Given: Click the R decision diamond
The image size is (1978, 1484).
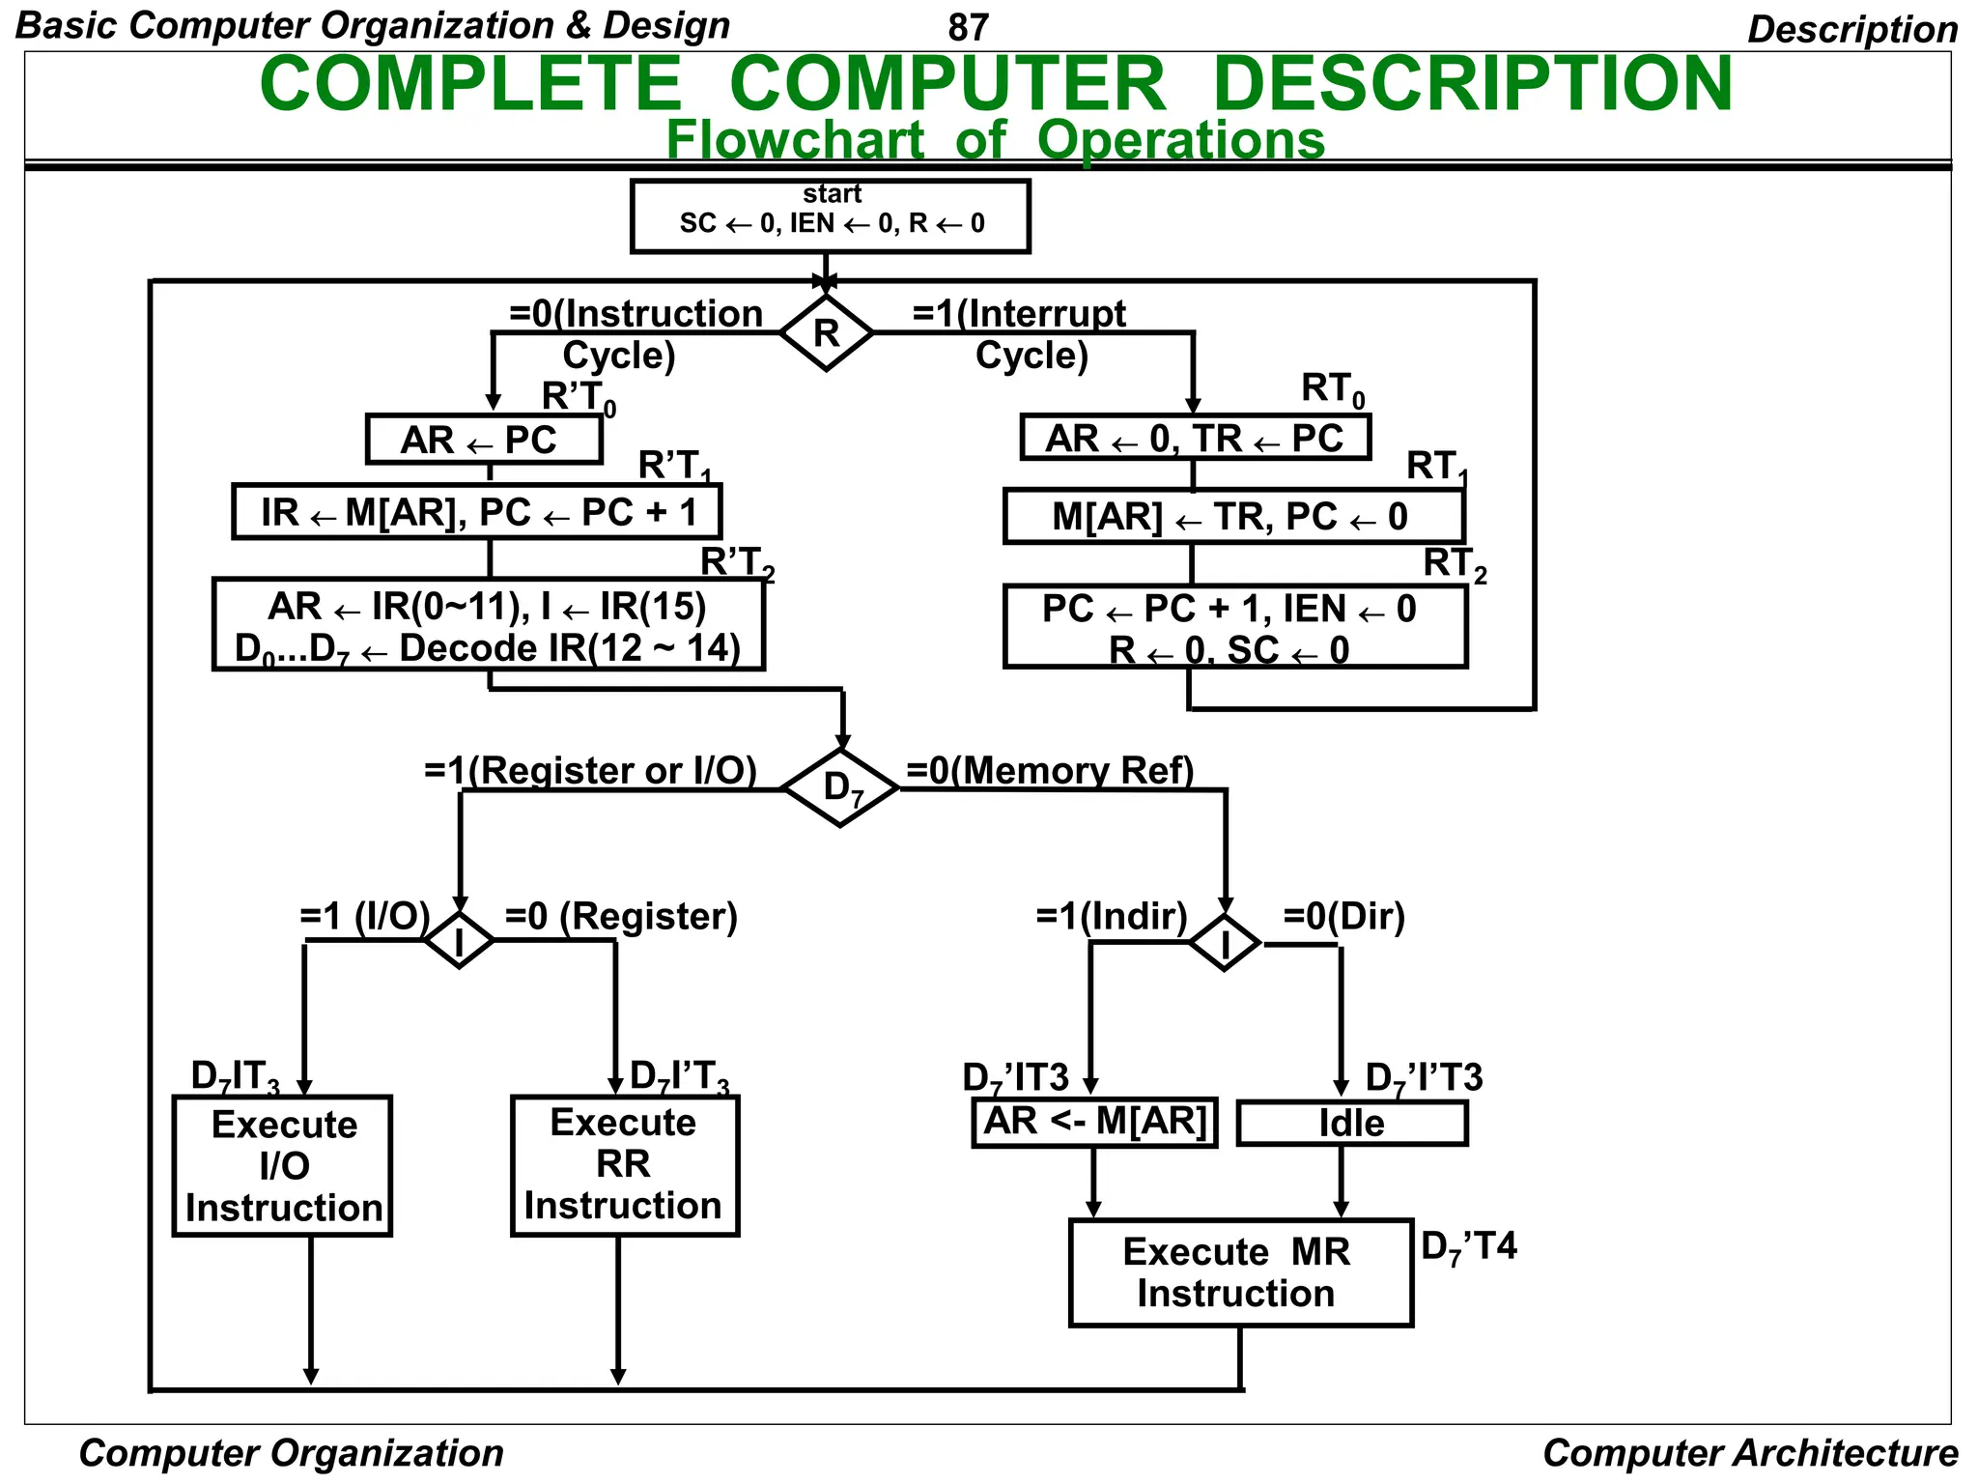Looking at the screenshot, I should [827, 333].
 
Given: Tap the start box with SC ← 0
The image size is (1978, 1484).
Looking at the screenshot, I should [831, 216].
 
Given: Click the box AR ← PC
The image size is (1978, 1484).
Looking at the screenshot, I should [484, 440].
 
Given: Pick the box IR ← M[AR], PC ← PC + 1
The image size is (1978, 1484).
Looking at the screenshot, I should [477, 512].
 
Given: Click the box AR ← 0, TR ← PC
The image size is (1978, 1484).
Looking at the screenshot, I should [1195, 438].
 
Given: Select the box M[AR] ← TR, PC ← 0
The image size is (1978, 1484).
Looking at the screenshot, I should [1233, 517].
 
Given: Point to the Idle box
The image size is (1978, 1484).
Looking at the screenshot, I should [1351, 1124].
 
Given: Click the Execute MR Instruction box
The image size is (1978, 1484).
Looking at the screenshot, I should [1240, 1272].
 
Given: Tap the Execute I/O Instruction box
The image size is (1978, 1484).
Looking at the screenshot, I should [282, 1166].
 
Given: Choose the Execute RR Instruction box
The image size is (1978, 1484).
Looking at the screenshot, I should [624, 1165].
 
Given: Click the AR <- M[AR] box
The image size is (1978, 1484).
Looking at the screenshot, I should [1094, 1122].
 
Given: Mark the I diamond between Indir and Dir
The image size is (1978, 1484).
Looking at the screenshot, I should [1225, 943].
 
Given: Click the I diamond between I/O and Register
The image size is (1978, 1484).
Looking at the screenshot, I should [460, 940].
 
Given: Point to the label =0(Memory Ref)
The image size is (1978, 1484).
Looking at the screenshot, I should [1050, 770].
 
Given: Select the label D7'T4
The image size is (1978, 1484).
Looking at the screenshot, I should [1468, 1247].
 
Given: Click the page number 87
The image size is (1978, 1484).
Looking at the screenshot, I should [968, 28].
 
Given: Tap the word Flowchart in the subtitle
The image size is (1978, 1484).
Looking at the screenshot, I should [795, 140].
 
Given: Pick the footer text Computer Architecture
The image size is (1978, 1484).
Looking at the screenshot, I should [1749, 1453].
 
